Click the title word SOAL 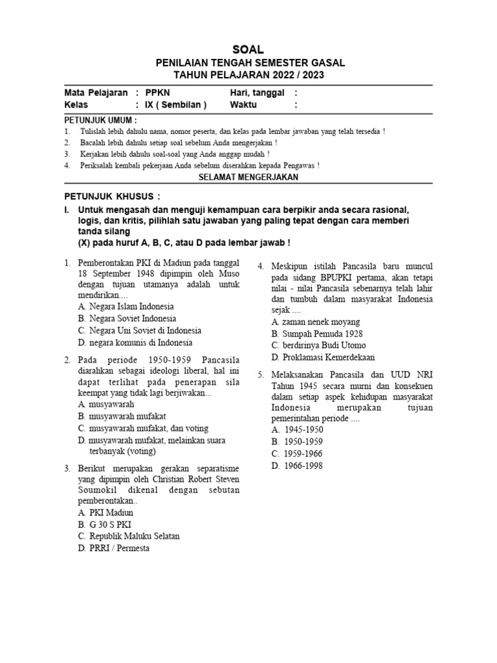[248, 50]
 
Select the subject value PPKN [157, 93]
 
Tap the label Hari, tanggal [257, 93]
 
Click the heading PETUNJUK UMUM [100, 120]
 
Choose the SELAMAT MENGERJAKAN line [248, 177]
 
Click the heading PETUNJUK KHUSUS [111, 196]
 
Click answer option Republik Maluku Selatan [134, 536]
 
